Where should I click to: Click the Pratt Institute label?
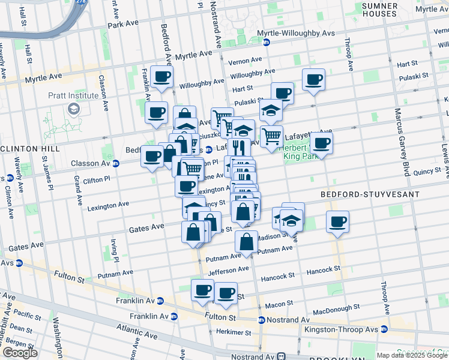[74, 95]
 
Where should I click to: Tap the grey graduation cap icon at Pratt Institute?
[74, 109]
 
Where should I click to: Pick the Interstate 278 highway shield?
[82, 2]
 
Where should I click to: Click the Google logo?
[20, 353]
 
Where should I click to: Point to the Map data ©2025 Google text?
[412, 355]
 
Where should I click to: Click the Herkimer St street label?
[234, 332]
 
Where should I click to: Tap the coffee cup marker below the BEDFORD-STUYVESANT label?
[337, 222]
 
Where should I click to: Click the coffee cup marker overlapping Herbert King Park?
[321, 143]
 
